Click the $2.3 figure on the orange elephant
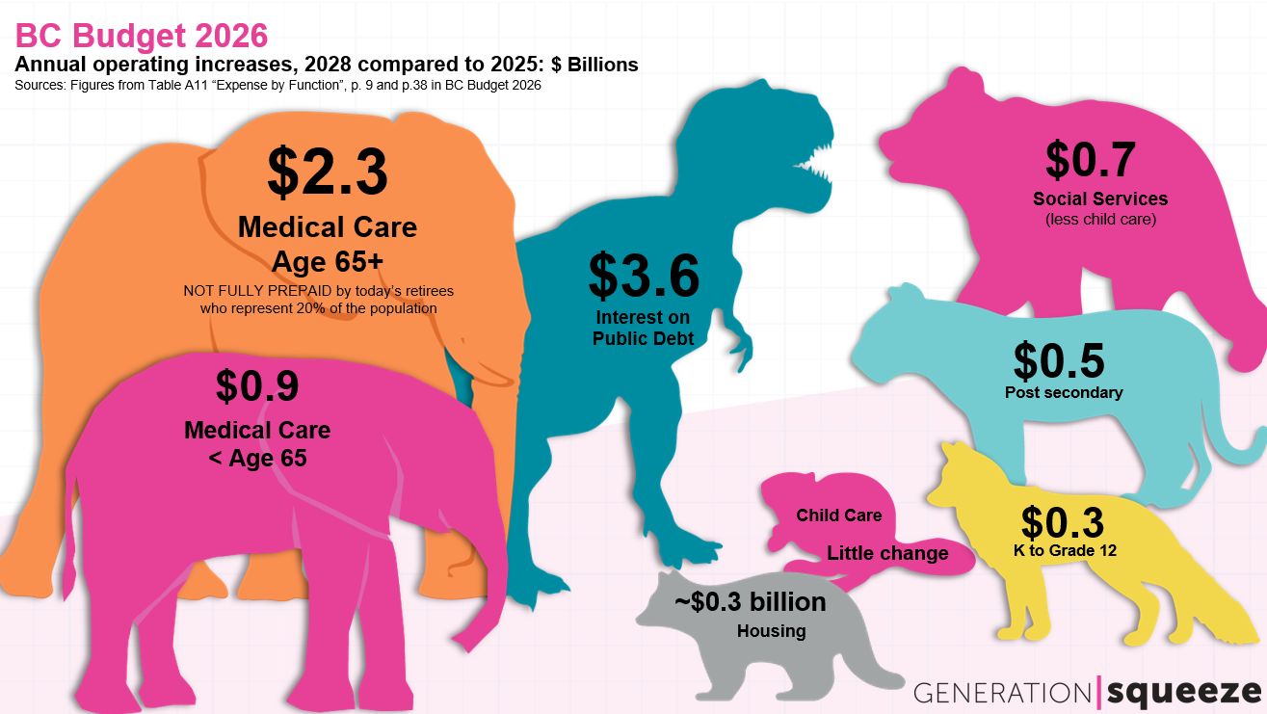click(328, 172)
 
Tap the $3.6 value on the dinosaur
click(644, 275)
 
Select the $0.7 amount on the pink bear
click(1091, 160)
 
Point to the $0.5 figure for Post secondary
click(1059, 359)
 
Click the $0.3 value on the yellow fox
click(1062, 522)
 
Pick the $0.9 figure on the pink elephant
click(257, 385)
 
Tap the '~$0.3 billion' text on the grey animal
click(751, 602)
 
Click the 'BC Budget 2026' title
click(142, 36)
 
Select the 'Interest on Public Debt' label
click(644, 328)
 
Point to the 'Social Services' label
click(1100, 199)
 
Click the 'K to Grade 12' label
click(1064, 550)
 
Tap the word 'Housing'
click(771, 632)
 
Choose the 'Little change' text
click(887, 553)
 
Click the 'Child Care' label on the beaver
click(839, 516)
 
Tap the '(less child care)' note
click(1100, 220)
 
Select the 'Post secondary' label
click(1064, 392)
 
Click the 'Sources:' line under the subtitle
click(277, 85)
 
